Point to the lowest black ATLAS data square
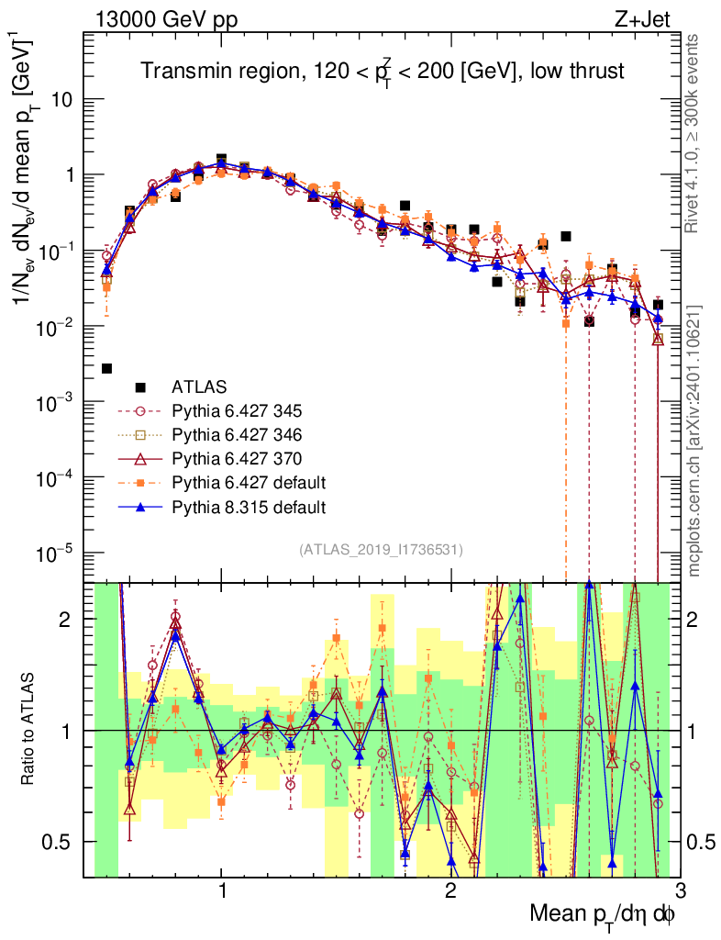pos(107,368)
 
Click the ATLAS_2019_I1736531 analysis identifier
pos(381,550)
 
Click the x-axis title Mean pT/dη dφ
pos(604,914)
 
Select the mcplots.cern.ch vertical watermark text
pos(695,441)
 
